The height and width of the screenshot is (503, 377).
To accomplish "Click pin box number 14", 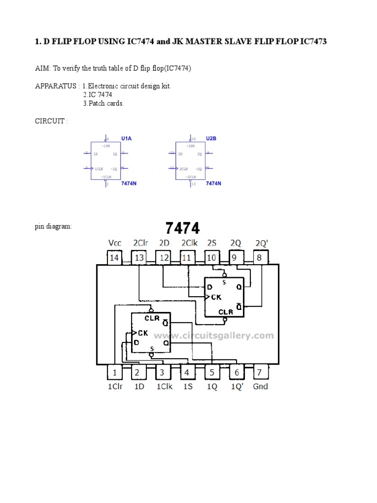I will click(114, 257).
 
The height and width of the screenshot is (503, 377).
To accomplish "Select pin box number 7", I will click(260, 372).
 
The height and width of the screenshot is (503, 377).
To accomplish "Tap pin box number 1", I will click(114, 372).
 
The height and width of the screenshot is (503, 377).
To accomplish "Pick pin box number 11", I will click(187, 257).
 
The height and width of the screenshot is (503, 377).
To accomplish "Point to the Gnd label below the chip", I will click(260, 387).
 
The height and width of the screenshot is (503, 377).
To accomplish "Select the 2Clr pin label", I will click(139, 243).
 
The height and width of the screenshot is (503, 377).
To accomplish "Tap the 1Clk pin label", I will click(164, 387).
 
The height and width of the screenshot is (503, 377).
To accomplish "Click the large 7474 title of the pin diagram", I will click(182, 228).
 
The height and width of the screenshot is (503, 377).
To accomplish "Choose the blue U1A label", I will click(127, 139).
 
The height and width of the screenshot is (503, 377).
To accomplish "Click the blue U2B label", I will click(211, 139).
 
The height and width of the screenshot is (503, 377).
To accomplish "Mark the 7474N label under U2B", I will click(213, 183).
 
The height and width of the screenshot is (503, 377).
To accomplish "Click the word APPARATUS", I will click(55, 86).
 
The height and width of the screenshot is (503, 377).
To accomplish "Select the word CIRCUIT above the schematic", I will click(50, 121).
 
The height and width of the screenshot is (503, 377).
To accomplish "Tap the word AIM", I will click(42, 68).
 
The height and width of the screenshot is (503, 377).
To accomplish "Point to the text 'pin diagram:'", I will click(53, 227).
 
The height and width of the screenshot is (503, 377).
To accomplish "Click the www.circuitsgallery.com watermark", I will click(214, 336).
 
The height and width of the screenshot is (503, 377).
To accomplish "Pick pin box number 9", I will click(236, 257).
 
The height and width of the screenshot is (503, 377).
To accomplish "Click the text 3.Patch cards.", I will click(104, 104).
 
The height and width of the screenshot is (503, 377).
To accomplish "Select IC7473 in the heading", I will click(311, 42).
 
